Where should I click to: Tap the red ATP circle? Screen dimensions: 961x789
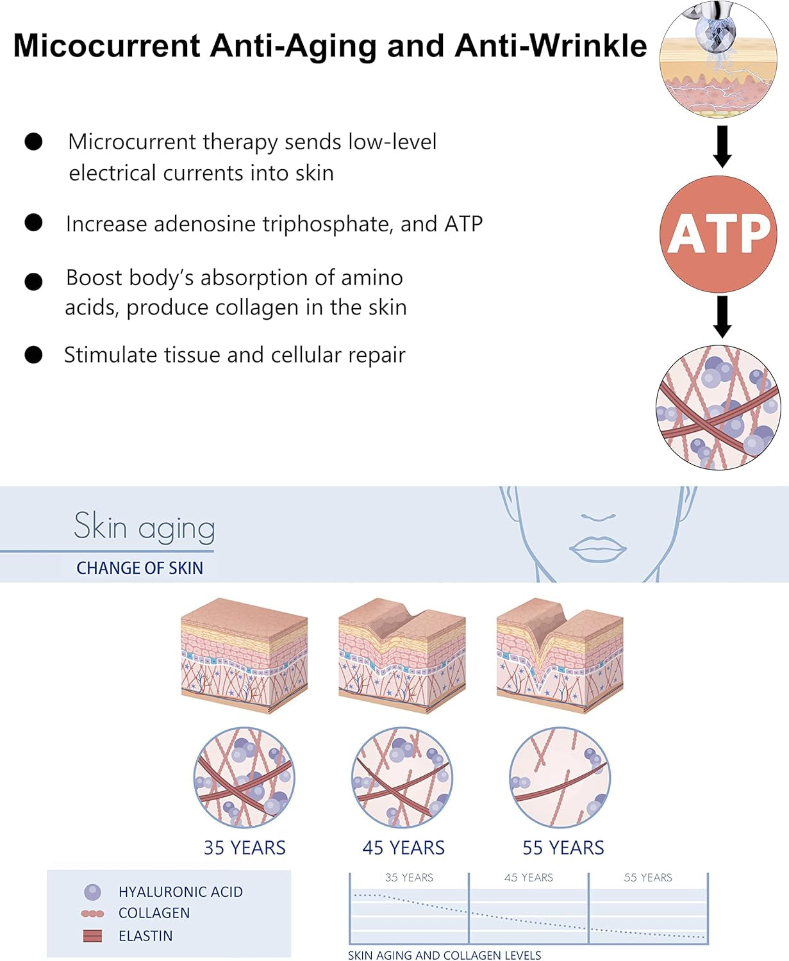click(718, 234)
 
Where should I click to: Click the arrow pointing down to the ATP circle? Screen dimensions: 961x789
click(722, 147)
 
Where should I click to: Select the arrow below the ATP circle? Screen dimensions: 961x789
click(722, 316)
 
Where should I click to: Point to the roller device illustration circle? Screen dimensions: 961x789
click(718, 59)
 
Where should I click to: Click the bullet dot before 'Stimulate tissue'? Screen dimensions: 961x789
click(33, 354)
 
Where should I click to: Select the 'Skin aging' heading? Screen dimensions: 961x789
click(144, 528)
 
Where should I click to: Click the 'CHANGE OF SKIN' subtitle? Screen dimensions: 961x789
click(140, 568)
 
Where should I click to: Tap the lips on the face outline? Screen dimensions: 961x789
click(598, 548)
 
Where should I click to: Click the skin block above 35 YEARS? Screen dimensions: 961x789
click(244, 655)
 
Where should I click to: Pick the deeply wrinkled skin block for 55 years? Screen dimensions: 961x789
click(560, 655)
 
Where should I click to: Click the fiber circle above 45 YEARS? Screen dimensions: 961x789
click(402, 778)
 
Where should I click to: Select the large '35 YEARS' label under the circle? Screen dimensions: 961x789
click(244, 848)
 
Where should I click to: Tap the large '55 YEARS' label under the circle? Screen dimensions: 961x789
click(563, 848)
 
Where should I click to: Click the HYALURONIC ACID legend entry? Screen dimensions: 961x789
click(180, 892)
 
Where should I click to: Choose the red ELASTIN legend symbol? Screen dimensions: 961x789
click(93, 936)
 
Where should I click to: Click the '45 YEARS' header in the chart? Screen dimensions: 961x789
click(528, 878)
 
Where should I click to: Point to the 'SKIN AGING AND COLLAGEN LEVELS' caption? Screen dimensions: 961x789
click(444, 955)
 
